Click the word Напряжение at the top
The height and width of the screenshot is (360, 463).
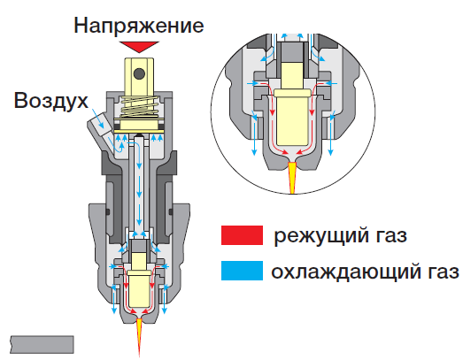coord(138,26)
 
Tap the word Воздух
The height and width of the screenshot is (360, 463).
coord(51,101)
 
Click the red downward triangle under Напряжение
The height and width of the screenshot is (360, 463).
coord(139,47)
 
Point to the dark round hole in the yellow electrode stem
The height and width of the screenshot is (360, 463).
coord(139,73)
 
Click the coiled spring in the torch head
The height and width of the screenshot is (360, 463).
coord(139,106)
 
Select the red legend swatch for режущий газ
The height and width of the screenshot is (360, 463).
coord(243,235)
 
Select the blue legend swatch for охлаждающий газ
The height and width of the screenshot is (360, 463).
coord(243,271)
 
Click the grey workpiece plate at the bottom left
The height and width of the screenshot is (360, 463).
coord(42,344)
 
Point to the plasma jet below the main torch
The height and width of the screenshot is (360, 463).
coord(139,336)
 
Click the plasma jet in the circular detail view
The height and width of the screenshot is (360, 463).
coord(292,178)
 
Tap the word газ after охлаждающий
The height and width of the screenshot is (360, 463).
coord(442,272)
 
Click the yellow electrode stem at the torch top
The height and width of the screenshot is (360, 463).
coord(139,77)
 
